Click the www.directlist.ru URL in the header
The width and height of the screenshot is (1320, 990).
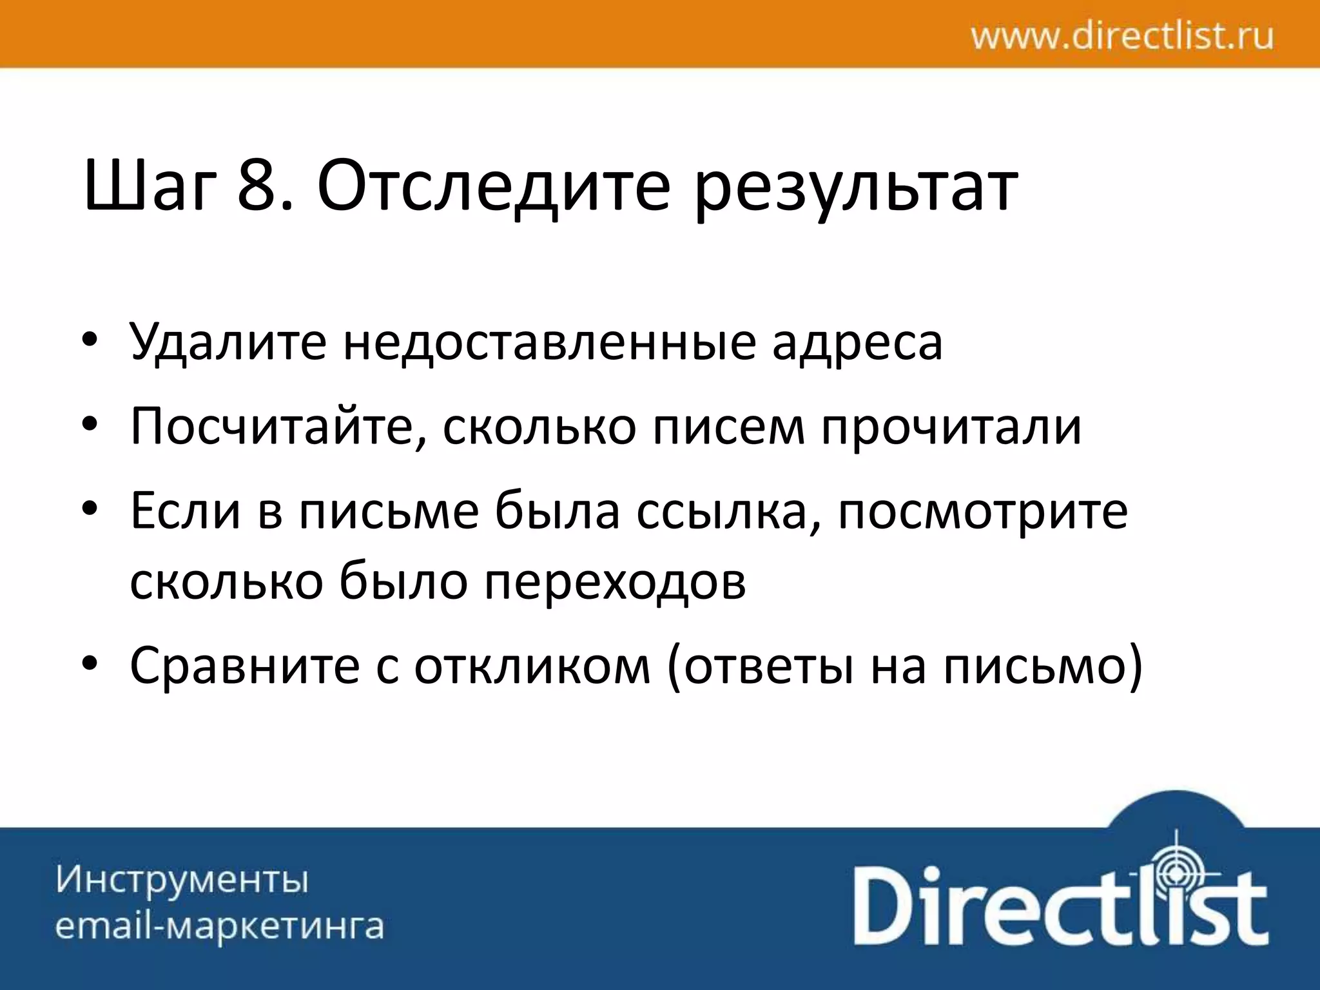tap(1122, 35)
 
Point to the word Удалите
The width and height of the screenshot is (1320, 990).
tap(228, 342)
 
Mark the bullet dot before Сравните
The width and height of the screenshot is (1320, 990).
tap(90, 664)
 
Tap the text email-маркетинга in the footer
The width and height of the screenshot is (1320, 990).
tap(220, 926)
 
